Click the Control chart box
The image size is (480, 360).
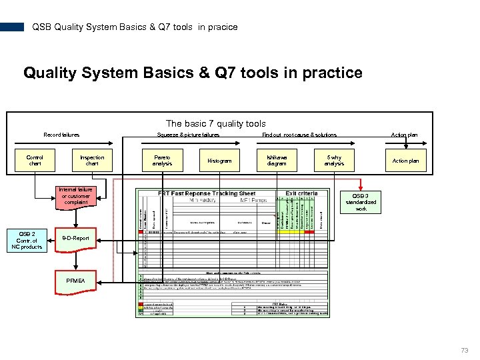coord(35,161)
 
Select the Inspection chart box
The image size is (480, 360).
coord(92,161)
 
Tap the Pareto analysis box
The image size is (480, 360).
coord(162,161)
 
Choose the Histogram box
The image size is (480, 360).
coord(219,161)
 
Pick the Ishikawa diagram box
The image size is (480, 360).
coord(277,161)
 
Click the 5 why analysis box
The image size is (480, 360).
coord(334,161)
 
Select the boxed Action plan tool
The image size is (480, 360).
coord(405,161)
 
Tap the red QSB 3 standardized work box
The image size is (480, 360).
coord(361,201)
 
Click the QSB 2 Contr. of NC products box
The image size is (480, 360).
coord(27,240)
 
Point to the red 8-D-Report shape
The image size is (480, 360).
coord(75,238)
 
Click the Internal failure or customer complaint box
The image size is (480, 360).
coord(75,197)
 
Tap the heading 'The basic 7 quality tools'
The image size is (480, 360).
coord(215,123)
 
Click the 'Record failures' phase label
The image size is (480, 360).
coord(61,135)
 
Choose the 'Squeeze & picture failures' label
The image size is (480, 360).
coord(188,135)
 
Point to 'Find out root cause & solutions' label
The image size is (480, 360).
coord(299,135)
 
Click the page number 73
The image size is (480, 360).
coord(464,350)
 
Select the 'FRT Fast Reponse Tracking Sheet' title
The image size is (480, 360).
coord(207,193)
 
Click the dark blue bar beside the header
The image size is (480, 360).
coord(11,27)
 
